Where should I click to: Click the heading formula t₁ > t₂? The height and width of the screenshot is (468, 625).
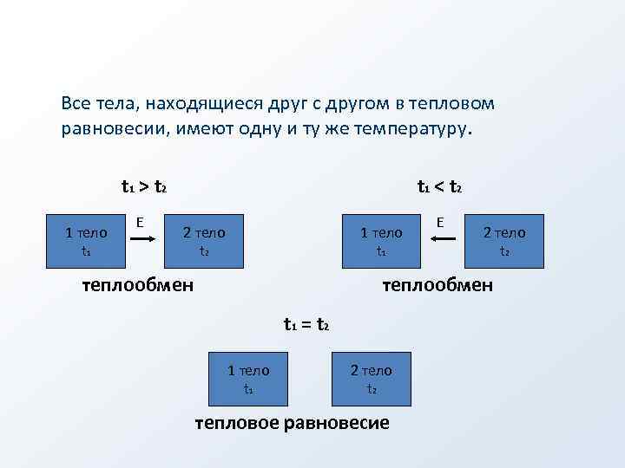point(144,186)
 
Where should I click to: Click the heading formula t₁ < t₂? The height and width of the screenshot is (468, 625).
point(439,186)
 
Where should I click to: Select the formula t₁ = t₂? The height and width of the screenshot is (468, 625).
point(306,325)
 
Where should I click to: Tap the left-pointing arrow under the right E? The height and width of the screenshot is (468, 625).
point(444,246)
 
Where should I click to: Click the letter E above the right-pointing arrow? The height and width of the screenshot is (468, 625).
point(140,223)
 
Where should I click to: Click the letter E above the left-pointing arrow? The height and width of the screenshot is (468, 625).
point(441,223)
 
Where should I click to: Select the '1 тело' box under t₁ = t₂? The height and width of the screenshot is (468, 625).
point(248,379)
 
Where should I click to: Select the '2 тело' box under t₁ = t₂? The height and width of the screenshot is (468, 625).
point(372,379)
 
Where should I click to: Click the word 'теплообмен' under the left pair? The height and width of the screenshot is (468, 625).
point(137,284)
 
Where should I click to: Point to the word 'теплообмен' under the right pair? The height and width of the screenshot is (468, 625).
point(437,284)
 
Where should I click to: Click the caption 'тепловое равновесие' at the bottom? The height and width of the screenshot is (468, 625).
point(292,423)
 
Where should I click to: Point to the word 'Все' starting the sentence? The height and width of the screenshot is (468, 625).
point(76,103)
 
